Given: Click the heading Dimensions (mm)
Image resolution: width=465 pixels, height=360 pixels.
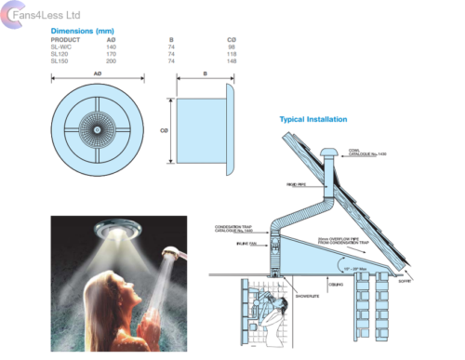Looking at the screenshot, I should pyautogui.click(x=81, y=31).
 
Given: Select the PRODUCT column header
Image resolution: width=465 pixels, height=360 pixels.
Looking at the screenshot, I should pyautogui.click(x=66, y=39).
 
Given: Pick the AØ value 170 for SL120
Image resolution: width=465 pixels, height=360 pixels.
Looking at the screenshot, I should pyautogui.click(x=113, y=53).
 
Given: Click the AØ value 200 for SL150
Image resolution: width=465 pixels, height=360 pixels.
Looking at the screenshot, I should pyautogui.click(x=113, y=60).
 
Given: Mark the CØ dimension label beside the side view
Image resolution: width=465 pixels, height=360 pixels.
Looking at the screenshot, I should pyautogui.click(x=165, y=131).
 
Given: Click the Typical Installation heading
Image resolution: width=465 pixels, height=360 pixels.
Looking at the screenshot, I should pyautogui.click(x=313, y=120).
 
